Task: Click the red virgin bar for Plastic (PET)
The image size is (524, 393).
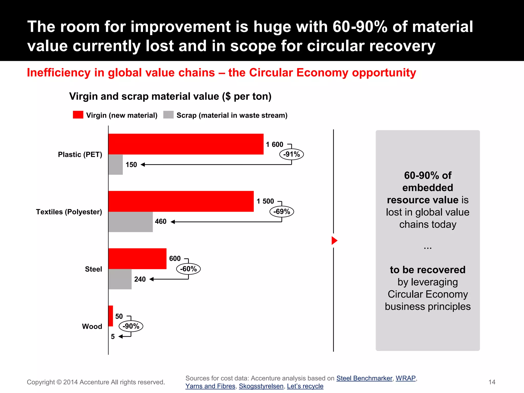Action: click(186, 144)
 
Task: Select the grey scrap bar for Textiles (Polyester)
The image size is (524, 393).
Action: click(130, 222)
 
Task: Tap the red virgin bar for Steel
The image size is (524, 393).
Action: click(137, 259)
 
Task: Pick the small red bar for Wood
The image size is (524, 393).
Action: click(111, 316)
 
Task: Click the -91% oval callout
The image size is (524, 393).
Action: click(291, 154)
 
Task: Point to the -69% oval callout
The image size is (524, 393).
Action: click(282, 212)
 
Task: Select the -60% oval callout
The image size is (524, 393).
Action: click(188, 269)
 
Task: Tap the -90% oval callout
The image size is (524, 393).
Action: click(131, 326)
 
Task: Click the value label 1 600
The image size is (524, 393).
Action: click(274, 145)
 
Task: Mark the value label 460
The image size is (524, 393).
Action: click(161, 222)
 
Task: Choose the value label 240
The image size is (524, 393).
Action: click(140, 279)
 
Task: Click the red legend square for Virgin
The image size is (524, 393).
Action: click(78, 115)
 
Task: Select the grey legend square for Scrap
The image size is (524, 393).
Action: click(168, 115)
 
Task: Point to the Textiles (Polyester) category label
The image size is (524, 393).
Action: click(69, 212)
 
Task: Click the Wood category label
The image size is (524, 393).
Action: click(92, 326)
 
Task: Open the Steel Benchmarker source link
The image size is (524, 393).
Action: click(364, 378)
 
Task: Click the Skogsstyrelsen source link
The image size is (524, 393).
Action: click(261, 386)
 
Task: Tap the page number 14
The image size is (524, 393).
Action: click(492, 382)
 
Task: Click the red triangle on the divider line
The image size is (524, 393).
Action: click(334, 241)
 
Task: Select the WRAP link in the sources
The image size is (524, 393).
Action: click(406, 378)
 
